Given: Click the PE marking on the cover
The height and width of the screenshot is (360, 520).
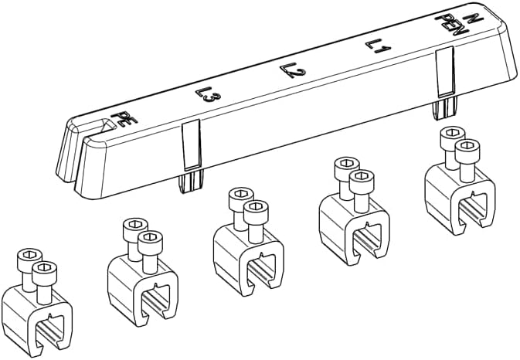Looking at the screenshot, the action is click(124, 118).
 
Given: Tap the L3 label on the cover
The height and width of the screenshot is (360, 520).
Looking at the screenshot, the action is click(209, 95).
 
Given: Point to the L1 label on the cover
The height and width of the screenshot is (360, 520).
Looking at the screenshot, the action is click(379, 47).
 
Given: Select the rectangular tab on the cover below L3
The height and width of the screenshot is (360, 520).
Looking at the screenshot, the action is click(192, 145).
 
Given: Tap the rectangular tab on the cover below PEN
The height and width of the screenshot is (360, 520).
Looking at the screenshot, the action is click(444, 72).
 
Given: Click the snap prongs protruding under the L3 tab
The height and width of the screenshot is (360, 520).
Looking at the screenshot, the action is click(191, 182).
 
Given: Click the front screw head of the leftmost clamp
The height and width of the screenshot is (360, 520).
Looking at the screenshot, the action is click(45, 268).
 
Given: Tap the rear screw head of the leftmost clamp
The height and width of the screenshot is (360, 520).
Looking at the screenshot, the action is click(29, 255).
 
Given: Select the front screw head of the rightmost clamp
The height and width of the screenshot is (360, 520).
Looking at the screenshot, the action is click(467, 146).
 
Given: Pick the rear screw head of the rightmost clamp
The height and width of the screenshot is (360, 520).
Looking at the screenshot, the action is click(452, 133).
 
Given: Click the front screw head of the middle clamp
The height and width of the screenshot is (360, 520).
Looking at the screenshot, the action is click(256, 207).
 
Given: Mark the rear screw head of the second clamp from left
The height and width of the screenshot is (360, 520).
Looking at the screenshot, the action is click(135, 225).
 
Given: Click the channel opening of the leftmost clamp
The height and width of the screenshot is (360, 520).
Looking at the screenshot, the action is click(49, 331).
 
